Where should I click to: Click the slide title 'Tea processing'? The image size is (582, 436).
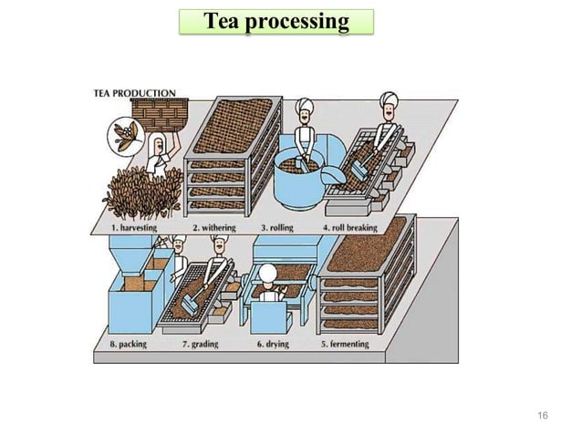point(275,22)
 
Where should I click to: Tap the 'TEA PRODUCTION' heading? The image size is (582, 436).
point(136,93)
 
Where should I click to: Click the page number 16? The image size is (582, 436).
point(543,416)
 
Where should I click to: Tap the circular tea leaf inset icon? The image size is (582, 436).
point(121,136)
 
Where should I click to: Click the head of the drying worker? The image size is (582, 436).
point(267,274)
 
